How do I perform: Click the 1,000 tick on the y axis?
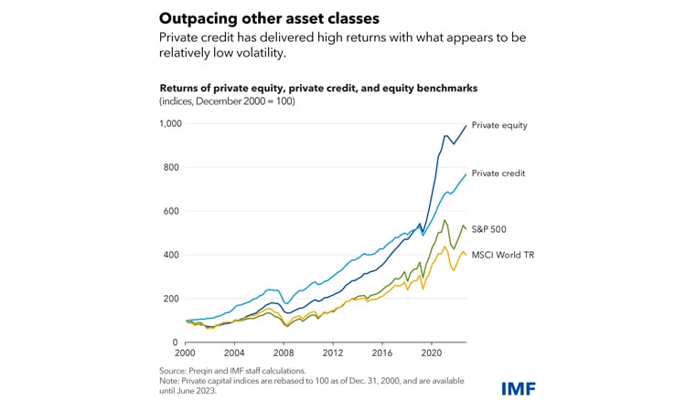click(x=170, y=123)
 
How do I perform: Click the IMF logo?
click(x=519, y=389)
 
